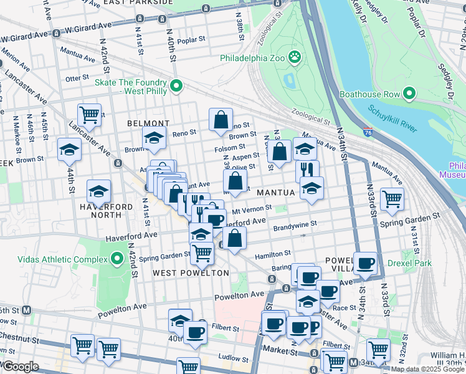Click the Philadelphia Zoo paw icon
[x=295, y=58]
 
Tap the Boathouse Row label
[x=369, y=95]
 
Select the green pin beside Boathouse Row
[x=409, y=94]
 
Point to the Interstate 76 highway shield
[x=368, y=132]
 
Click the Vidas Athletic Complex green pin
[x=117, y=258]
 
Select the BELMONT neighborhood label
[x=148, y=123]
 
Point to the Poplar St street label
[x=191, y=40]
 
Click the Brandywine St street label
[x=295, y=223]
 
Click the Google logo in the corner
[x=20, y=367]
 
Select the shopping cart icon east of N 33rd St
[x=392, y=199]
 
